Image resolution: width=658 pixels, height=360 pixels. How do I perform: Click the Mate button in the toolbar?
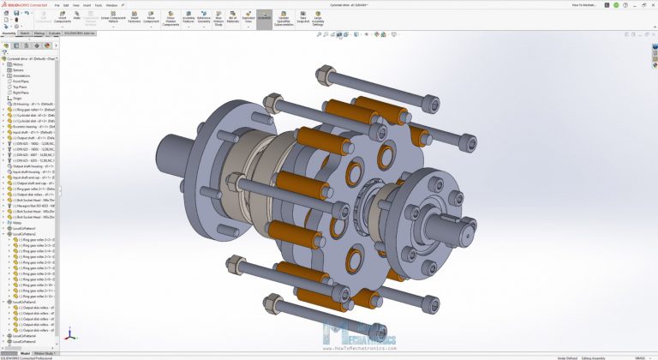click(76, 17)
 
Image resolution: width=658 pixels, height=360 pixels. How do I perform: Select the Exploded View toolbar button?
click(248, 18)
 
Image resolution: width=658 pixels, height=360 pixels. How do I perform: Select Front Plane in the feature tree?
click(22, 81)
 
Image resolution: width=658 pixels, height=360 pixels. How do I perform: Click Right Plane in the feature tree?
click(22, 93)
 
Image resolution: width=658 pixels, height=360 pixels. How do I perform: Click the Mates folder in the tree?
click(18, 223)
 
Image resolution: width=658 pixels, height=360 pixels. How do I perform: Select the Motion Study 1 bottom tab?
click(45, 353)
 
